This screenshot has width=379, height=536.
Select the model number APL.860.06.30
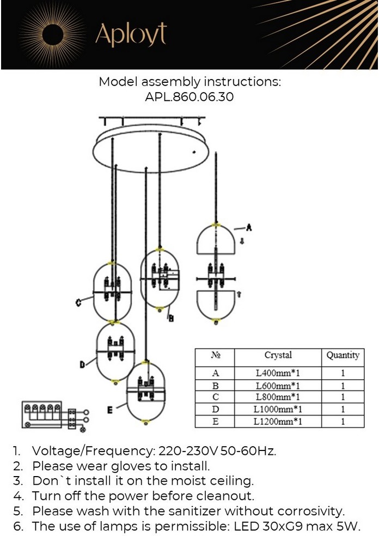click(x=189, y=97)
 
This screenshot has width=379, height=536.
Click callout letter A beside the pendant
click(x=249, y=227)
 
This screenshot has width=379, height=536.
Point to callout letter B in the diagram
click(x=171, y=318)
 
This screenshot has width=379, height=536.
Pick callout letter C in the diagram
click(x=78, y=302)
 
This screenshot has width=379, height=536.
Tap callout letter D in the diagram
click(x=82, y=365)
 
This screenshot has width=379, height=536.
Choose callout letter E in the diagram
click(x=109, y=410)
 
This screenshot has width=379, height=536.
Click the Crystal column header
click(x=278, y=355)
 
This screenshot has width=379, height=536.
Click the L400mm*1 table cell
click(x=278, y=373)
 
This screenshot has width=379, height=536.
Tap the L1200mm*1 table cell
click(x=278, y=422)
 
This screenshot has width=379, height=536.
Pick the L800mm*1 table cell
click(x=278, y=397)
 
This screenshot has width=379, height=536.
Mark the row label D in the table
click(x=215, y=409)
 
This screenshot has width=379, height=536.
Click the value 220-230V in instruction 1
click(x=188, y=451)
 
